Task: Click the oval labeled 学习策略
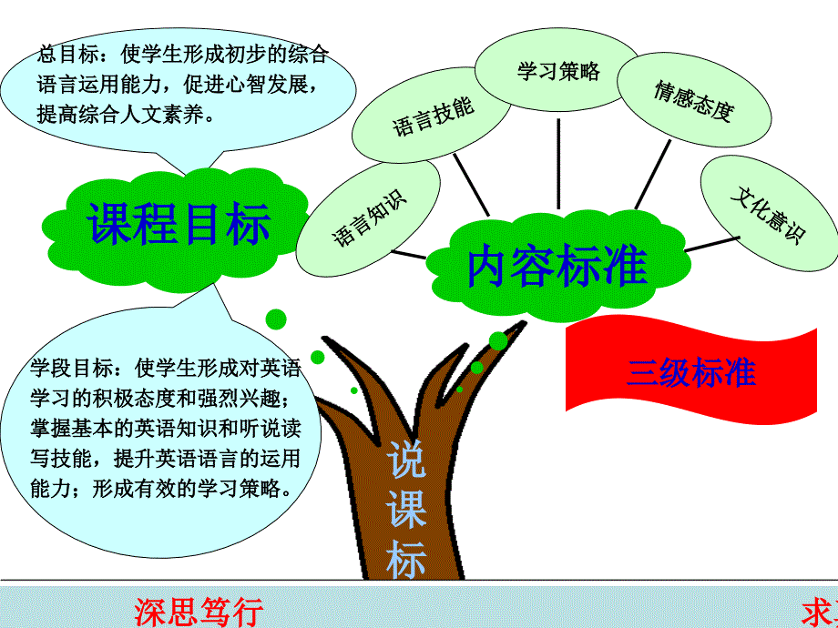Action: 558,71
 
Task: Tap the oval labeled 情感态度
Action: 692,100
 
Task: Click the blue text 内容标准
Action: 557,267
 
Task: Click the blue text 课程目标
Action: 179,223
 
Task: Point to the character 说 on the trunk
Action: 405,459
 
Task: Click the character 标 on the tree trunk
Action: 405,558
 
